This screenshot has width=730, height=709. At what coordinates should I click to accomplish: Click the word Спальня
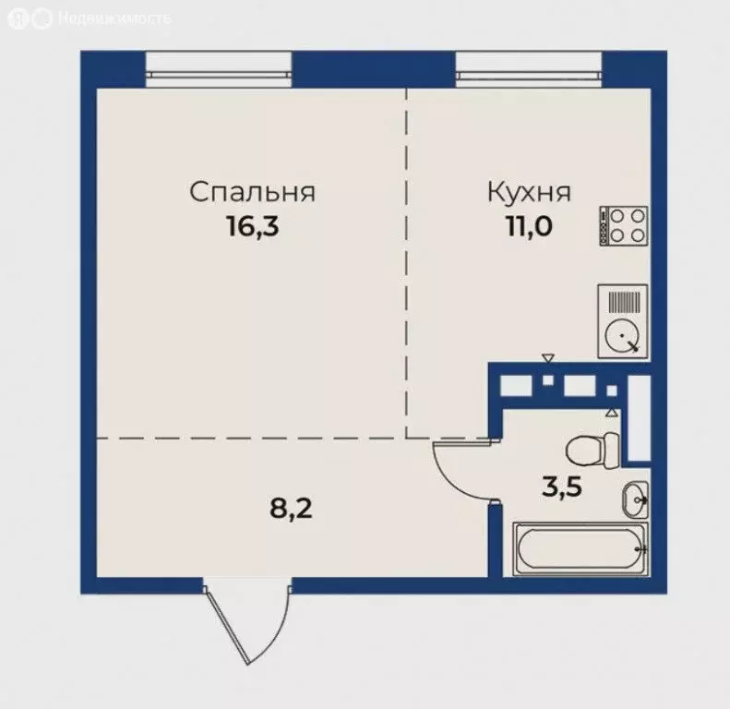253,192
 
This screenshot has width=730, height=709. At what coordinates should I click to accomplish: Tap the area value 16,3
253,226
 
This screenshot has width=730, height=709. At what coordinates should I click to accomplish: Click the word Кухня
529,192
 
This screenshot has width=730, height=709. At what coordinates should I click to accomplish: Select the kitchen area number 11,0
529,226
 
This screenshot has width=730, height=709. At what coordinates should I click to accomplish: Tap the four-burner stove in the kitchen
625,225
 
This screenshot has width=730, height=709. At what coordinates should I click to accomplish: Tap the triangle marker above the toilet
611,413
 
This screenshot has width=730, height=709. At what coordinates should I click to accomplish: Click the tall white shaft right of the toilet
638,418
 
